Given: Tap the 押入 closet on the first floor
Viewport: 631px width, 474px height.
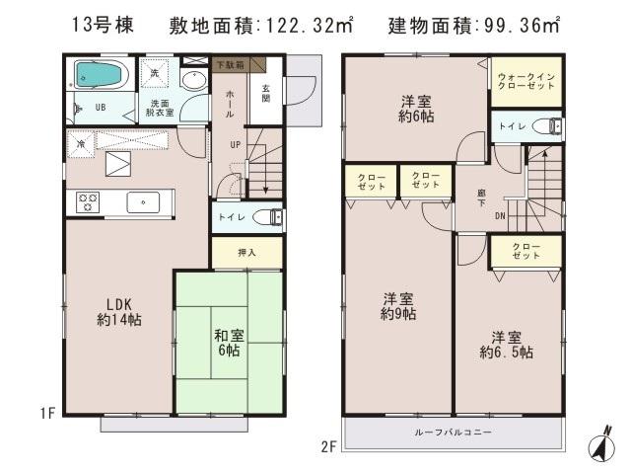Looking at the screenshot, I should (246, 253).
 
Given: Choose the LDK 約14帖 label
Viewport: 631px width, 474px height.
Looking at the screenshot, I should (116, 311).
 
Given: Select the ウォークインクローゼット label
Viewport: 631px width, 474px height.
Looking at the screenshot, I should (526, 81).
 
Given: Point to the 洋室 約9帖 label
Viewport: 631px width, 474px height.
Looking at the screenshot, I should (397, 307).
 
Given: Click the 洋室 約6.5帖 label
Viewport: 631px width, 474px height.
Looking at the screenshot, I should (507, 343).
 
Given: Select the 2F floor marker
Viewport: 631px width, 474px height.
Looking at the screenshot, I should (327, 446).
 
